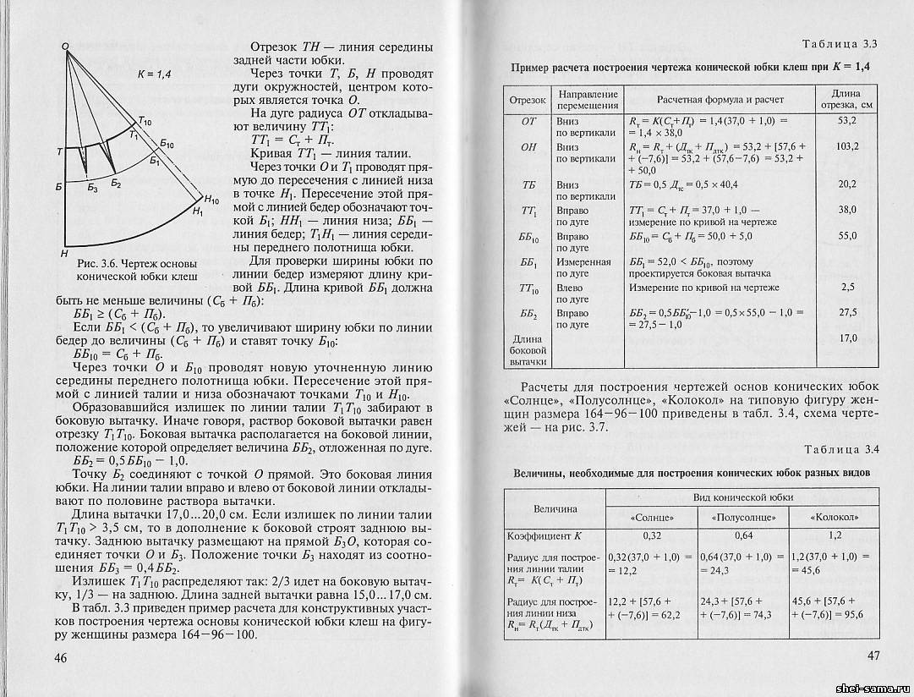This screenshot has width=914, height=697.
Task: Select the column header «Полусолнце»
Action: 742,517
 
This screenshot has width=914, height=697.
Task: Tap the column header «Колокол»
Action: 835,517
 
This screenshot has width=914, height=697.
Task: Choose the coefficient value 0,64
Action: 742,536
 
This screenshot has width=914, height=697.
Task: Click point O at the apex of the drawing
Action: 65,47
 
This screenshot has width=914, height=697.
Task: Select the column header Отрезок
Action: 528,100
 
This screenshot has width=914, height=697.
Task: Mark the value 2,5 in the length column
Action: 848,288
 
